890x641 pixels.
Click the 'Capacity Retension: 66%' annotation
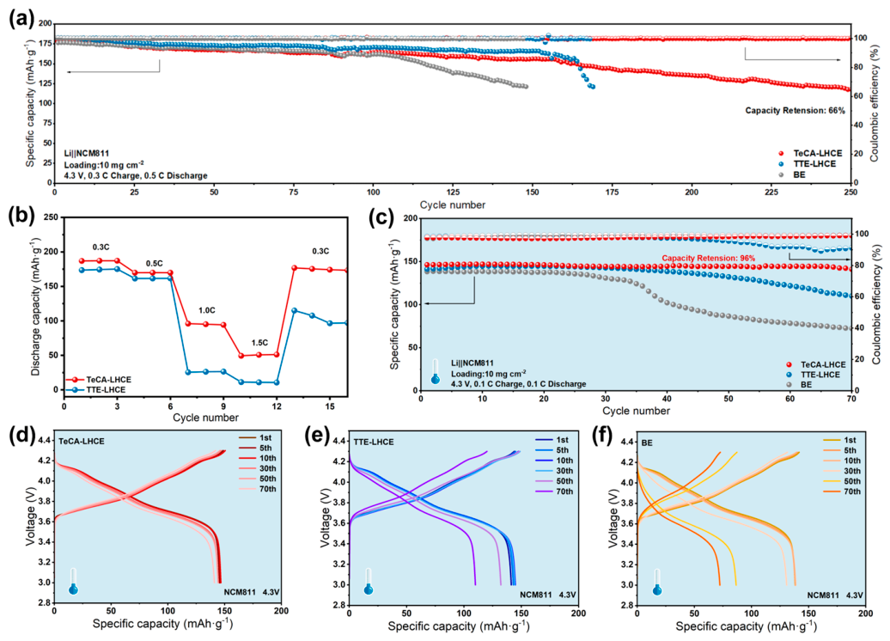pyautogui.click(x=796, y=110)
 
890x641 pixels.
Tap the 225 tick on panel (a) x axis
pyautogui.click(x=771, y=192)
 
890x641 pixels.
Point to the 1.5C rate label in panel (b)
pyautogui.click(x=260, y=343)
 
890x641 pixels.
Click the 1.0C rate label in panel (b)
pyautogui.click(x=206, y=310)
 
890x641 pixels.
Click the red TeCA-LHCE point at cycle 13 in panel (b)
pyautogui.click(x=294, y=267)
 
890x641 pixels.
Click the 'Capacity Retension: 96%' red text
pyautogui.click(x=709, y=259)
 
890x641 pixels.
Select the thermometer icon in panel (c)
pyautogui.click(x=436, y=371)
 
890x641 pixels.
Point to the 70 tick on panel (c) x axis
pyautogui.click(x=851, y=400)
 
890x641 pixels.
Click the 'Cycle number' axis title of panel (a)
pyautogui.click(x=453, y=205)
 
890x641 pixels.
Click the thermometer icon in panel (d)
pyautogui.click(x=73, y=581)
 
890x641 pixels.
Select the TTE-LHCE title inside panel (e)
pyautogui.click(x=374, y=442)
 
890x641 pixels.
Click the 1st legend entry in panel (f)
pyautogui.click(x=840, y=440)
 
